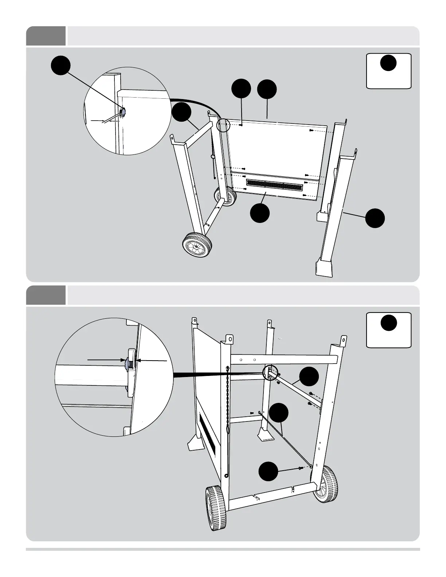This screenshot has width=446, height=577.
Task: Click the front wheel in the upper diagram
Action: [x=198, y=246]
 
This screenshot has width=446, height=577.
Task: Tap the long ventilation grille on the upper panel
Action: [x=274, y=185]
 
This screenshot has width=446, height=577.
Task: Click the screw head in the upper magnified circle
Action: [x=123, y=113]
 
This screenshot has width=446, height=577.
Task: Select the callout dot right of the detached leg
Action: [x=375, y=218]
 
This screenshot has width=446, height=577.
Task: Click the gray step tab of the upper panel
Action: [x=46, y=36]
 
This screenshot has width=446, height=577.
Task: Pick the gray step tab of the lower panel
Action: [x=46, y=295]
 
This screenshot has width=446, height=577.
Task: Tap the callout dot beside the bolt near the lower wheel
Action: [x=268, y=471]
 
